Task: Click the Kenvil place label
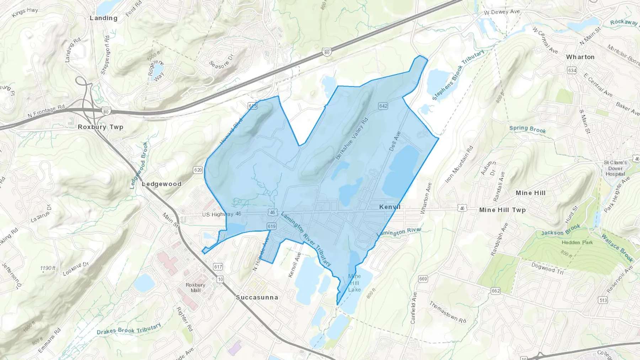(390, 207)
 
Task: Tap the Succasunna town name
(257, 297)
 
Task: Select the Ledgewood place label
(161, 184)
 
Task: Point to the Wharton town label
(580, 57)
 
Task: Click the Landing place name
(103, 18)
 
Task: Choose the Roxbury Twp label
(100, 127)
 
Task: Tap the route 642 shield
(383, 106)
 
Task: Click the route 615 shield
(253, 106)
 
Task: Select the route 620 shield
(198, 170)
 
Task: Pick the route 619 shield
(271, 226)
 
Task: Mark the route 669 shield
(423, 279)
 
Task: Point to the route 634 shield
(572, 70)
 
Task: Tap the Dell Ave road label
(395, 141)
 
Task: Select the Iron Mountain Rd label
(459, 165)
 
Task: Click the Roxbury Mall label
(195, 288)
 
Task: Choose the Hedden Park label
(577, 242)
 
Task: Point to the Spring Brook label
(527, 129)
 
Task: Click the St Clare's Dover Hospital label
(615, 168)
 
